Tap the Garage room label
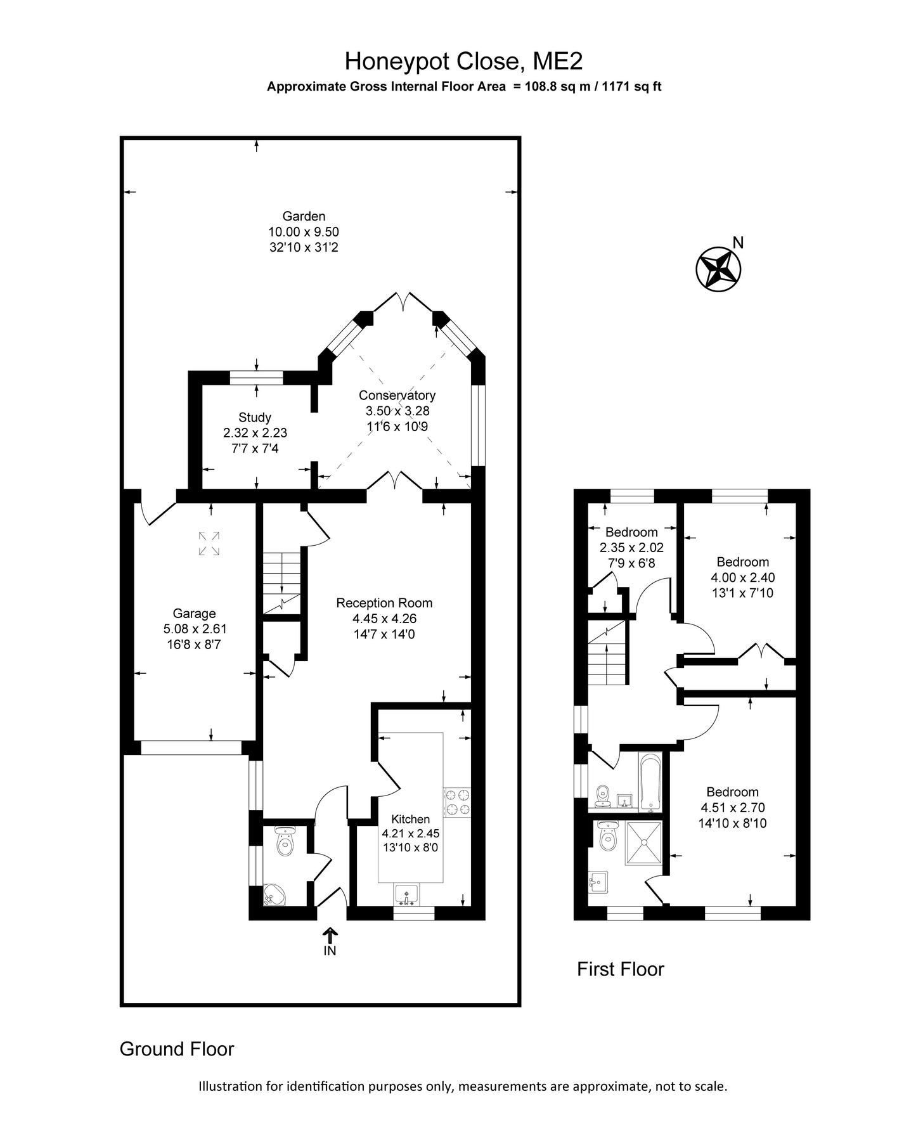195,614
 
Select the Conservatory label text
397,396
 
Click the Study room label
255,417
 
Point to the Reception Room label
384,603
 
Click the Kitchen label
411,819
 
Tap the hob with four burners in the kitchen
458,801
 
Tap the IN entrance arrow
330,942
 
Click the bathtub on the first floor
650,782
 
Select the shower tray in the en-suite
644,842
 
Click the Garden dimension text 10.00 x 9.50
304,232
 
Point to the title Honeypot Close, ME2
464,61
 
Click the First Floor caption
621,969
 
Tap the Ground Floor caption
177,1049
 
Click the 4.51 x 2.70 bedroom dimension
733,808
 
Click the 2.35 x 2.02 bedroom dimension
631,547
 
